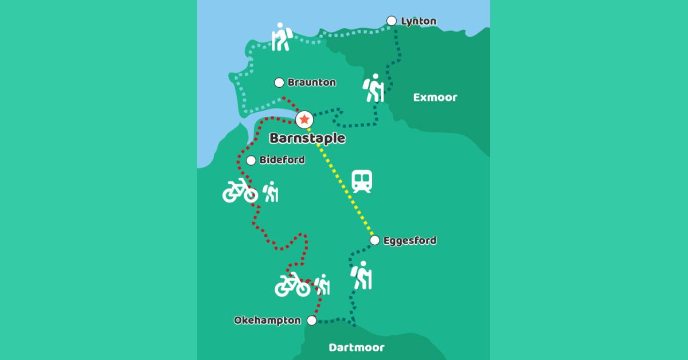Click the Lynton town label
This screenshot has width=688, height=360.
click(419, 22)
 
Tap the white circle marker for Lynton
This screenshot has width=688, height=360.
click(392, 21)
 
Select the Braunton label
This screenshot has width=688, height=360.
click(311, 83)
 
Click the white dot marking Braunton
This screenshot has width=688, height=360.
click(279, 83)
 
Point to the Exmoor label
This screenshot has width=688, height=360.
click(435, 97)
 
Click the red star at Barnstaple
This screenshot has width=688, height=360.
click(304, 119)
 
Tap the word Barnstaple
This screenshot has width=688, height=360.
click(307, 138)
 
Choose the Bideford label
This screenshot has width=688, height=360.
click(282, 160)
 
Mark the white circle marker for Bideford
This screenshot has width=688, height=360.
click(251, 161)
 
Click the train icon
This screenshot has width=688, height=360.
click(362, 181)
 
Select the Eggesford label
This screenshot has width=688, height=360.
click(409, 241)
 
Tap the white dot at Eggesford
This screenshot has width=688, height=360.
click(374, 240)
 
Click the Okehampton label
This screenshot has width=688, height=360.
click(267, 320)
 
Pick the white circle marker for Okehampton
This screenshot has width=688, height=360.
click(312, 320)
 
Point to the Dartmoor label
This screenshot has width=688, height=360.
click(357, 347)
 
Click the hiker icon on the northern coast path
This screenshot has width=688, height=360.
click(281, 37)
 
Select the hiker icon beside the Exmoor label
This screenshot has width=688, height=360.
click(374, 88)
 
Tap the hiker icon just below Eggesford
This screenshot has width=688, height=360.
click(362, 275)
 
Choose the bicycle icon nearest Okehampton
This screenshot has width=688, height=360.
click(292, 285)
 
